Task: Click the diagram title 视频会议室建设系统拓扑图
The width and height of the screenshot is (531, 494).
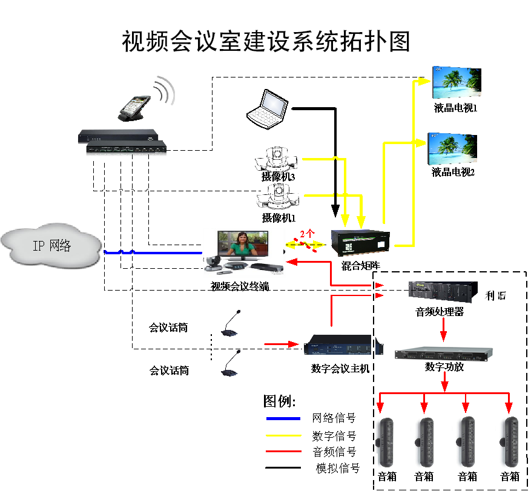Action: click(266, 42)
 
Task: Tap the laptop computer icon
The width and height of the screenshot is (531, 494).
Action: click(267, 108)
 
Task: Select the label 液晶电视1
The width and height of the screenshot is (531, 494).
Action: click(456, 109)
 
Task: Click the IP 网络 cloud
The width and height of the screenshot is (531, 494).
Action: click(51, 245)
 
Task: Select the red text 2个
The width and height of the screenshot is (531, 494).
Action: click(308, 233)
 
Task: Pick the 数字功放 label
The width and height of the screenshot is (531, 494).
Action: click(444, 367)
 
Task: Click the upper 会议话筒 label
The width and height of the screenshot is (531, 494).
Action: click(168, 328)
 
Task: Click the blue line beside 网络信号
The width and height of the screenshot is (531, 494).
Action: click(283, 418)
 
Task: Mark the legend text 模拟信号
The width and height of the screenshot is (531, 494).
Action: click(338, 468)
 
